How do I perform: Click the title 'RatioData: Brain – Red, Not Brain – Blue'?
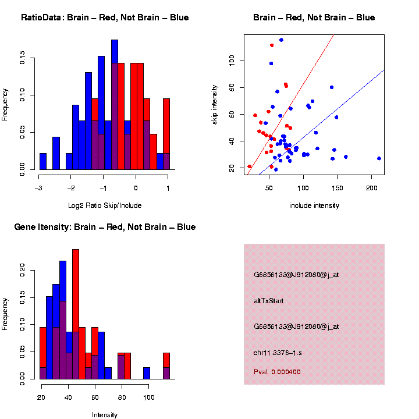coord(105,17)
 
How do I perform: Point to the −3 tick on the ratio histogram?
coord(39,175)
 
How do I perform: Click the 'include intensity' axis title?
coord(314,205)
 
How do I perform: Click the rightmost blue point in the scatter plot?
coord(379,158)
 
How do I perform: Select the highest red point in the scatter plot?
coord(272,45)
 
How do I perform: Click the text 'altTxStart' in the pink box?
coord(269,301)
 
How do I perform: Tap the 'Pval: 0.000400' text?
coord(278,372)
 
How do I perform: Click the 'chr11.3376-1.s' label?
coord(278,353)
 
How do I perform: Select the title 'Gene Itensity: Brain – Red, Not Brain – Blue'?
coord(105,227)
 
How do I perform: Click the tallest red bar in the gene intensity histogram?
coord(76,314)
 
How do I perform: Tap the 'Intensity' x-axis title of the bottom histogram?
coord(105,415)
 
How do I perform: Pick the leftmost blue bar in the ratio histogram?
coord(42,161)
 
